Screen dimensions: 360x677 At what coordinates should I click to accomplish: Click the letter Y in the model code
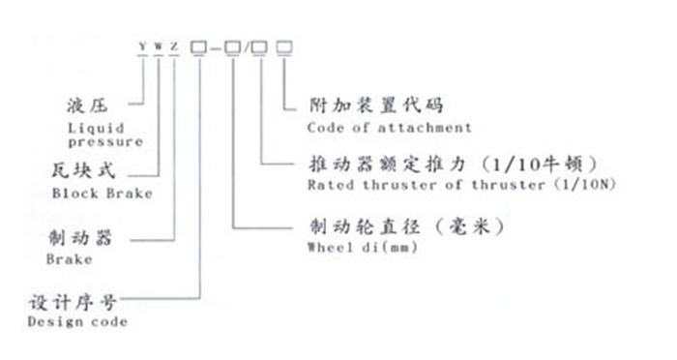(142, 45)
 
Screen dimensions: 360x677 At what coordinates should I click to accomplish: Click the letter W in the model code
(158, 45)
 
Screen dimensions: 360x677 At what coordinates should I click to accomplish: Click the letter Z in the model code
(174, 45)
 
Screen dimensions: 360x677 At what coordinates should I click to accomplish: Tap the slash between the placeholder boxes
(248, 45)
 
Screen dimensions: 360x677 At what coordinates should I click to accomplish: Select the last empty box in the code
(283, 45)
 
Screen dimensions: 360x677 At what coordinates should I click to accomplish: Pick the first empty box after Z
(198, 45)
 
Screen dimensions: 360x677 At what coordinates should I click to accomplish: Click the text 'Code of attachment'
(389, 127)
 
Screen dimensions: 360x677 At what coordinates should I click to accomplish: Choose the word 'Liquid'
(90, 127)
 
